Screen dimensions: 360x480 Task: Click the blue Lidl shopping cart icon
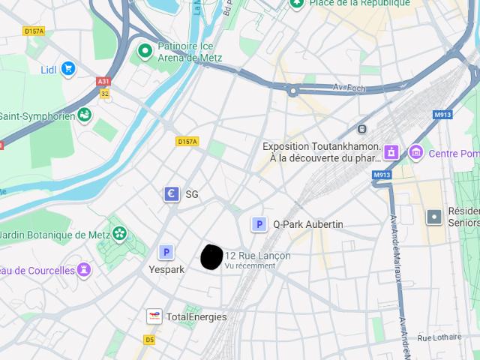tap(68, 69)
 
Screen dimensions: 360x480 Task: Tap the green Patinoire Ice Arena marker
tap(145, 51)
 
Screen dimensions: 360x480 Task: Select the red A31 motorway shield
tap(103, 82)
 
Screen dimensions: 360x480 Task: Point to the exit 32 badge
tap(104, 94)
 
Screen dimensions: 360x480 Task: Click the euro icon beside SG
tap(172, 194)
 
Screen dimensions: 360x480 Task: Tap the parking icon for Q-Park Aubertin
tap(259, 223)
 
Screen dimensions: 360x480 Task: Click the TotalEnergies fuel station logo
tap(154, 316)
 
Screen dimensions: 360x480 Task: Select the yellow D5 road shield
tap(149, 340)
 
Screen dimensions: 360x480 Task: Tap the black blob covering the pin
tap(212, 256)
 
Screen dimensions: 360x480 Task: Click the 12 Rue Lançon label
tap(257, 256)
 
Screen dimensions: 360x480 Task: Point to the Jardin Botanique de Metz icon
tap(118, 234)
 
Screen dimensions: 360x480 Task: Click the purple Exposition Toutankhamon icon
tap(390, 152)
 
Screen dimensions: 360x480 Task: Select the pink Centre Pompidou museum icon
tap(415, 153)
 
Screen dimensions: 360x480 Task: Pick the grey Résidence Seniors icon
tap(433, 217)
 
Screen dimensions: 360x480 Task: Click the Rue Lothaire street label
tap(439, 338)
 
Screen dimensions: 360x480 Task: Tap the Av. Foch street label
tap(349, 88)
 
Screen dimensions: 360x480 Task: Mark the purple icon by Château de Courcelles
tap(84, 269)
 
